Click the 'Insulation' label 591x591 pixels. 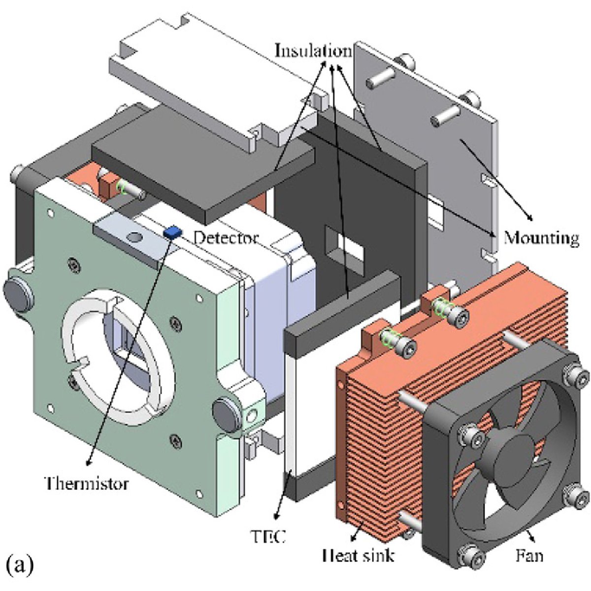click(313, 51)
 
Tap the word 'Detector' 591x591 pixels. click(225, 238)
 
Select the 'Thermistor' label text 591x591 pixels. click(87, 483)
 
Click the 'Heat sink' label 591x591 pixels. click(358, 556)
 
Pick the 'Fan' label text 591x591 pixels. click(529, 556)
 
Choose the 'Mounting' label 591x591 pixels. click(541, 238)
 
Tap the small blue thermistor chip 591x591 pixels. click(172, 231)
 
